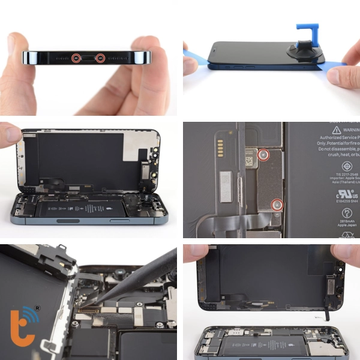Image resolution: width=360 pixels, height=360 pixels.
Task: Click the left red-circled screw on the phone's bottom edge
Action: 76,58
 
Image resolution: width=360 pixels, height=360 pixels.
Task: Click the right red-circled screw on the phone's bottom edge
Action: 100,58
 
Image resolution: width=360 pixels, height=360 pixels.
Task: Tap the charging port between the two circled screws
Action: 88,58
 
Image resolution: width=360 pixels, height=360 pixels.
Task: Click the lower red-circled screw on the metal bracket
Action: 277,205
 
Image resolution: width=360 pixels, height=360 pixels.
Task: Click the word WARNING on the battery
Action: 347,129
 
